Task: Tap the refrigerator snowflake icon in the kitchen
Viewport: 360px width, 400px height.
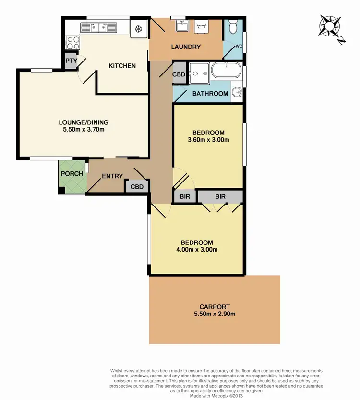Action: tap(139, 28)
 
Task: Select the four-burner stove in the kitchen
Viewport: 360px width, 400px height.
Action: tap(73, 43)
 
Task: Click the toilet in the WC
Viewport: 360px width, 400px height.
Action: tap(233, 27)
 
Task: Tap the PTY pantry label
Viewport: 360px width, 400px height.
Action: tap(71, 61)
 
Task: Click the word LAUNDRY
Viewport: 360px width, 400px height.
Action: tap(186, 47)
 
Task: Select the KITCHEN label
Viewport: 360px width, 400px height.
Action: tap(122, 66)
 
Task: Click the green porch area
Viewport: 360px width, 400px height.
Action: tap(72, 175)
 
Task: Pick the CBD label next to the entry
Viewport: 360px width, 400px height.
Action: tap(137, 187)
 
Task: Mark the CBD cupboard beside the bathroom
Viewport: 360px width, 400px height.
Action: tap(180, 75)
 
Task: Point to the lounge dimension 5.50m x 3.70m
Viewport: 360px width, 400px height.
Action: tap(84, 129)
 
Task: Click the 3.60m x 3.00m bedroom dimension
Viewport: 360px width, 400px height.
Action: tap(208, 140)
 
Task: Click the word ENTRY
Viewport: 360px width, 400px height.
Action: tap(112, 176)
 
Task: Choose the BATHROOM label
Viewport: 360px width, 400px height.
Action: tap(210, 94)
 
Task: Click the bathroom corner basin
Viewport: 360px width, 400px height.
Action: tap(237, 91)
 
